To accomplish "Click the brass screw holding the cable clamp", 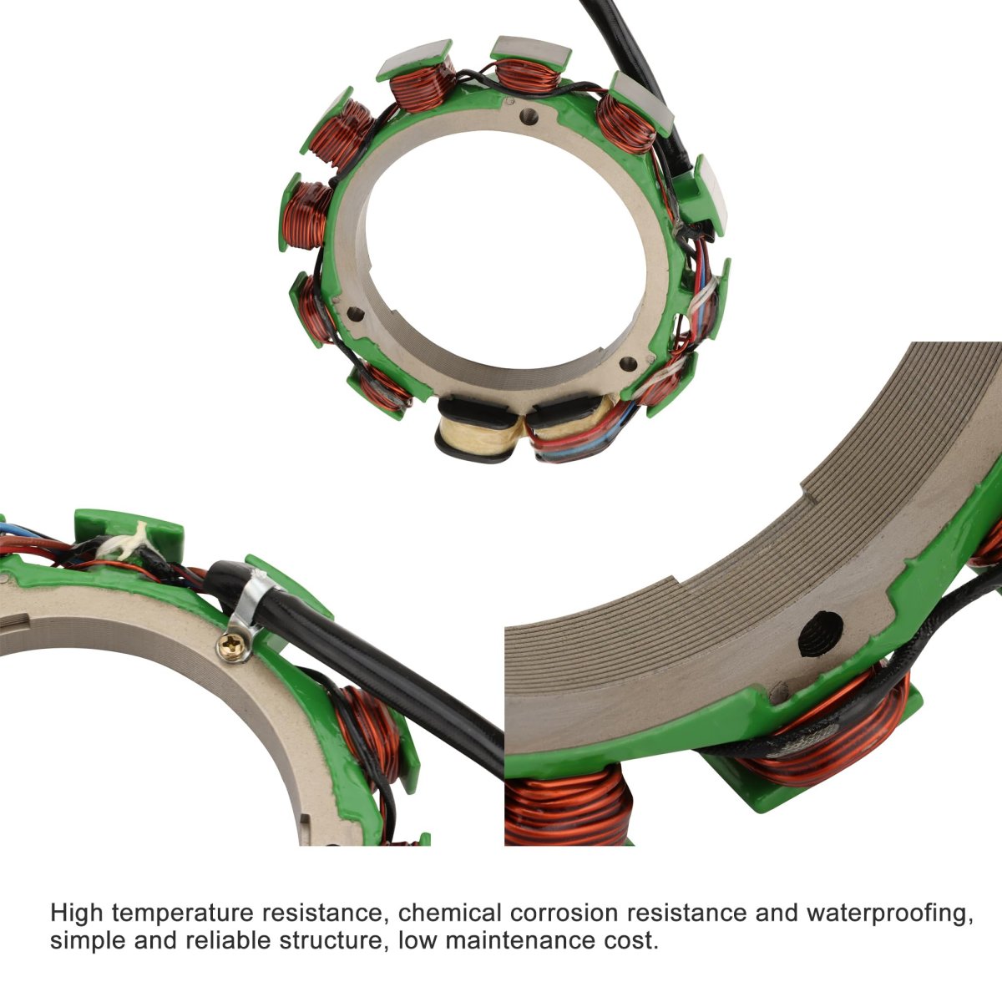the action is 232,647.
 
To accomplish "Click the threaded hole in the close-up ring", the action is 820,633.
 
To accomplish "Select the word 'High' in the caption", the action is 78,913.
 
